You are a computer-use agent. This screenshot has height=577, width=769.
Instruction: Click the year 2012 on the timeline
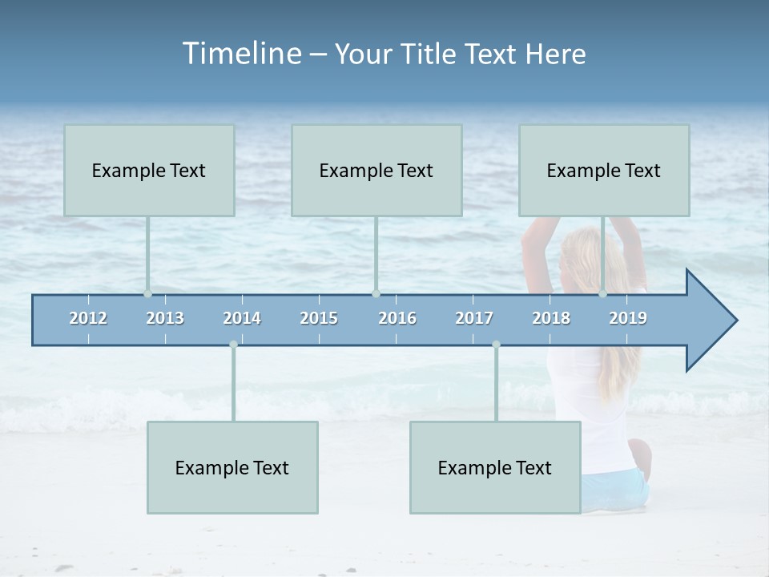88,318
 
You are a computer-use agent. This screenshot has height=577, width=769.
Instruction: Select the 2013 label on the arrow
165,318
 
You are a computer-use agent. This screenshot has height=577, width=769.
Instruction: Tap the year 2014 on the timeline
242,318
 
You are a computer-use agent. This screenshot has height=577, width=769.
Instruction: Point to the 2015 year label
319,318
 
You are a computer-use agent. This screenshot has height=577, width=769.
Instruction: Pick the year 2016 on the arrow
397,318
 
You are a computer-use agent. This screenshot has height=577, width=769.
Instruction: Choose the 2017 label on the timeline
474,318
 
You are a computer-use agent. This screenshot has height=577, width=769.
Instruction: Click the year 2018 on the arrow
551,318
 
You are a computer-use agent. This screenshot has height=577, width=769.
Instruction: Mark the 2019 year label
628,318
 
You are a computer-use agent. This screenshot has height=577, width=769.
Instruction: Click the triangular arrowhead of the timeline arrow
710,321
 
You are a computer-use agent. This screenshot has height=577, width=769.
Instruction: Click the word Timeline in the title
240,54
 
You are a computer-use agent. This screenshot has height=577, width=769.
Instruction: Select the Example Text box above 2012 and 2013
149,170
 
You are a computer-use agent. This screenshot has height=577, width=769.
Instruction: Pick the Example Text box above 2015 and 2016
376,170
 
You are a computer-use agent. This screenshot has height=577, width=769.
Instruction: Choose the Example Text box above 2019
604,170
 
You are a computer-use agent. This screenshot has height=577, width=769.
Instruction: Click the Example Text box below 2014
232,467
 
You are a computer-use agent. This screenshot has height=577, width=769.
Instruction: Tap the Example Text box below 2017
495,467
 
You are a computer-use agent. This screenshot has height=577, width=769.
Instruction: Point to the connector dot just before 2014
233,345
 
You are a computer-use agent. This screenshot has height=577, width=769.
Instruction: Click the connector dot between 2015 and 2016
376,294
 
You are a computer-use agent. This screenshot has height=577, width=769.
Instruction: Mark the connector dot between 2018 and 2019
602,294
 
